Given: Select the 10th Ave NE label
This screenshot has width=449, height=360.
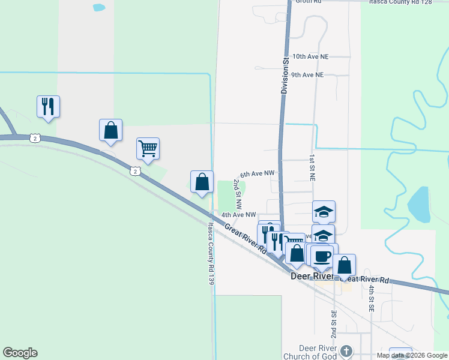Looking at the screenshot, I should coord(310,56).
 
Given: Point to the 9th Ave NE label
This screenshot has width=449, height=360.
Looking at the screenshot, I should coord(307,75).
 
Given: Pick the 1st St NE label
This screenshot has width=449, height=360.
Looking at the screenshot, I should coord(312,167).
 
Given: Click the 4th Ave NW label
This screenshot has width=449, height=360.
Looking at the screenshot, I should coord(238,214).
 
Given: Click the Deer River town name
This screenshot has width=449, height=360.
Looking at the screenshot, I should coord(312,277).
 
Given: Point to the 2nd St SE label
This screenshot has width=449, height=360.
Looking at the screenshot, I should coord(334,323).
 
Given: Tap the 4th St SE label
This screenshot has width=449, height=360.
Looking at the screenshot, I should coord(372,298).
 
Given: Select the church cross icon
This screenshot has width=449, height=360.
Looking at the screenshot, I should coord(346,351).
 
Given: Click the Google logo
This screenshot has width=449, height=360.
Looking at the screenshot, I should coord(20,353).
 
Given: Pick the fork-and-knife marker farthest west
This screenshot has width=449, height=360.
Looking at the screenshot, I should coord(47,107).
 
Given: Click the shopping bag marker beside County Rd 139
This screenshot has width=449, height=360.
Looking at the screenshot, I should coord(202,182).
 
